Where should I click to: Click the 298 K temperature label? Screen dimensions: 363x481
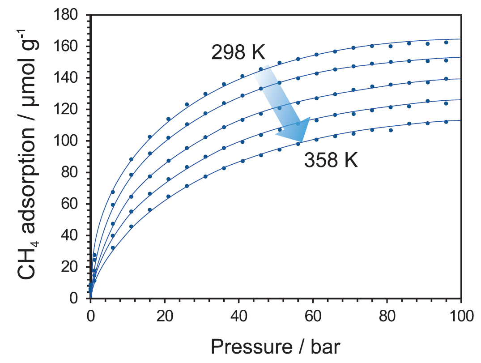[238, 53]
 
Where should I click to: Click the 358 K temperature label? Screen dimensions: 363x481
[331, 160]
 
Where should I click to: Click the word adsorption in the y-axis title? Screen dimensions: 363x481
[28, 179]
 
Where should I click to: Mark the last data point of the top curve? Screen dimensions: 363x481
[446, 43]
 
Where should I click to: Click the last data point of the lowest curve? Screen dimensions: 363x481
[446, 122]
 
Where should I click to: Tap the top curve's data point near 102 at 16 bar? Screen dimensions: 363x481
[150, 137]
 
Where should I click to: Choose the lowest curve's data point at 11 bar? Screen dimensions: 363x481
[131, 226]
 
